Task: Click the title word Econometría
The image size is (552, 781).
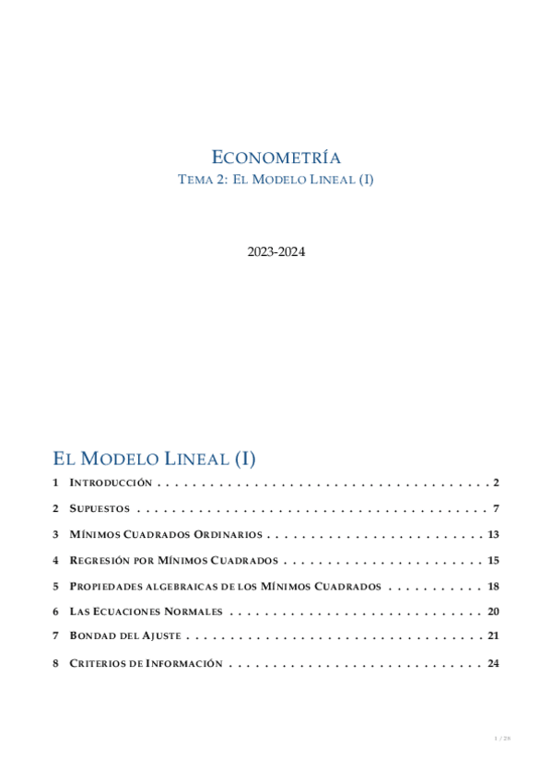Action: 276,157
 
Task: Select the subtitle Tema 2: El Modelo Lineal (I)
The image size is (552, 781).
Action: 276,181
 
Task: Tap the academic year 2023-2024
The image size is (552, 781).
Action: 276,251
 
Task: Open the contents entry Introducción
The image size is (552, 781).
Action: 111,483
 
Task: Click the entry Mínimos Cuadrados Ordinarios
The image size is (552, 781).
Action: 166,534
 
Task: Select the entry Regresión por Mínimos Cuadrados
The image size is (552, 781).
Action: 174,560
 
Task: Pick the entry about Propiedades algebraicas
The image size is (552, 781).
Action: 225,586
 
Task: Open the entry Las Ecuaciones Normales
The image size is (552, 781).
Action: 146,612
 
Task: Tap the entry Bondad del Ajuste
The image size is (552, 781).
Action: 125,636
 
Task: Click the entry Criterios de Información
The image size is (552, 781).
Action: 146,663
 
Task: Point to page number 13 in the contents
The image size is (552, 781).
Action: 493,534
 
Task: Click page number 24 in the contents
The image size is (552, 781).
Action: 493,663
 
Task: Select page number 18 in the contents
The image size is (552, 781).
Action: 493,586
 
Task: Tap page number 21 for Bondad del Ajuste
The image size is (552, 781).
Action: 493,636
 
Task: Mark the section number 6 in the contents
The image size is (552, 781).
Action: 56,612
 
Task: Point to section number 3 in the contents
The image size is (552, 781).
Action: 56,534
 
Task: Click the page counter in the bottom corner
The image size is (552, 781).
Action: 502,739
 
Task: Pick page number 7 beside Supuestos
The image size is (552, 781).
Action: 496,508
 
